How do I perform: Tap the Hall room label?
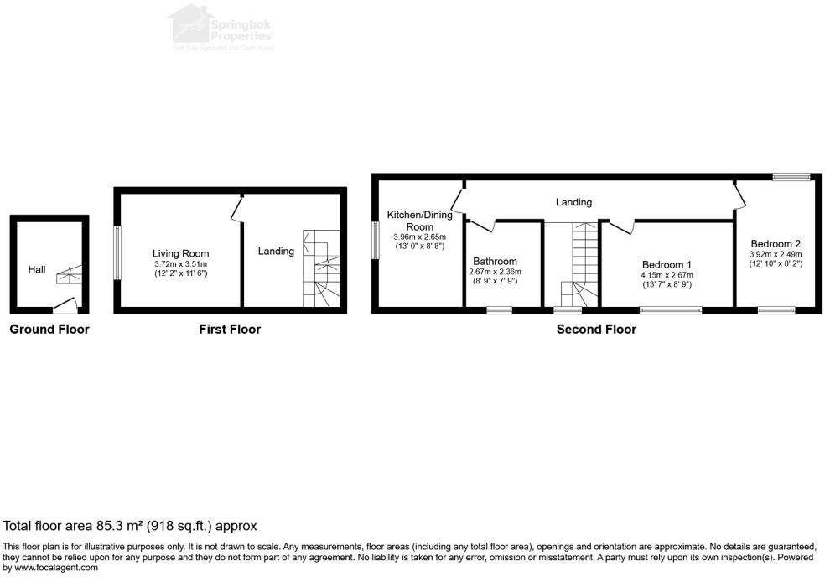tap(37, 269)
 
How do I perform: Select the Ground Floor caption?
tap(49, 330)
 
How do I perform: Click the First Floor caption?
tap(229, 330)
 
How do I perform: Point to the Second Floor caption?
tap(596, 330)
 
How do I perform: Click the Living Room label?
tap(180, 253)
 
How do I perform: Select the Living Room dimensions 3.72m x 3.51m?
tap(180, 263)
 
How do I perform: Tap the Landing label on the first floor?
tap(276, 251)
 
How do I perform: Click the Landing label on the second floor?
tap(573, 202)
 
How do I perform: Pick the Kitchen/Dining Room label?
tap(419, 221)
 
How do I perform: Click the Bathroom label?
tap(495, 261)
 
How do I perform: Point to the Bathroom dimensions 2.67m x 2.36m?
tap(495, 272)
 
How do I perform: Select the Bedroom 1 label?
tap(667, 263)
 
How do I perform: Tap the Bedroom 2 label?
tap(776, 244)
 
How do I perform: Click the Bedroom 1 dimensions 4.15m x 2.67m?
tap(667, 274)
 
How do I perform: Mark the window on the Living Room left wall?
tap(117, 252)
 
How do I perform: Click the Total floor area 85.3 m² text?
tap(130, 526)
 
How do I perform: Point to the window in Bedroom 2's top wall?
tap(791, 176)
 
